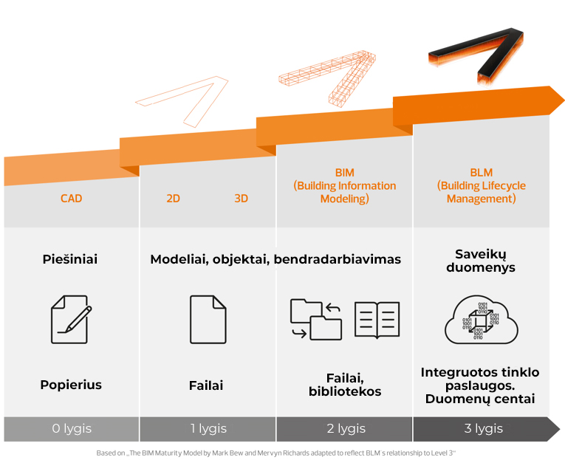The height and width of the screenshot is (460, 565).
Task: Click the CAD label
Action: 71,199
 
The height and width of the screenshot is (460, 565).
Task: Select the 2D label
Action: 173,199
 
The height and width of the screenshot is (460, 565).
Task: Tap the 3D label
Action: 241,199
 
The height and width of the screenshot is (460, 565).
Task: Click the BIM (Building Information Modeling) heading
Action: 344,186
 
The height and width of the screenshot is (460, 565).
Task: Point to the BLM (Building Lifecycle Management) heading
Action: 481,186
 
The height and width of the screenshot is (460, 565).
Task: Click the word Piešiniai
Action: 70,259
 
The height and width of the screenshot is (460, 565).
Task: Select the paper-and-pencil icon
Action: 71,319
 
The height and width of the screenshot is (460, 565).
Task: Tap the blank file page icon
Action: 208,319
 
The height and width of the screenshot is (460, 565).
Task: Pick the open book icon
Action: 377,319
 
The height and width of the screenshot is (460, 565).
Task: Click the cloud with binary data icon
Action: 481,320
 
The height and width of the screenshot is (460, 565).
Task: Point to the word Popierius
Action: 71,385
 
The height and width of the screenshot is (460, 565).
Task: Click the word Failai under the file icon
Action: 206,385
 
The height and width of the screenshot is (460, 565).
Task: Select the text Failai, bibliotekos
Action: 345,385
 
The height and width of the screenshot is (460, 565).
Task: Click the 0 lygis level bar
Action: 71,429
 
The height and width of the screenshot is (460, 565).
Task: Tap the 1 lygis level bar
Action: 208,429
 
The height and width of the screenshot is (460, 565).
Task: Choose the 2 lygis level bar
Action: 344,429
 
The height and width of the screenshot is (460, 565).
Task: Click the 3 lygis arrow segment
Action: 484,429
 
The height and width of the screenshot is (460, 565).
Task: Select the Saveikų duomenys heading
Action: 481,261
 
